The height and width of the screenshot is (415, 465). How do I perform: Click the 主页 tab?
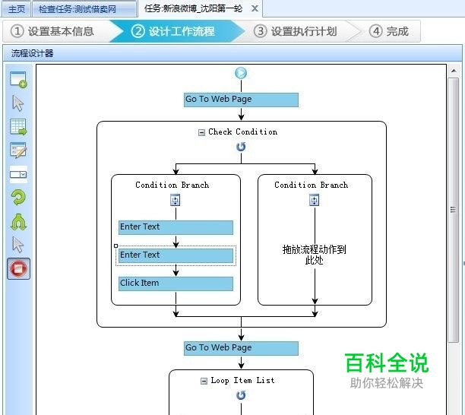point(16,9)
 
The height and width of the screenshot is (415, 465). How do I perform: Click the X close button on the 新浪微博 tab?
point(255,9)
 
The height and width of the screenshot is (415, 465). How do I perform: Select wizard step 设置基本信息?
point(53,31)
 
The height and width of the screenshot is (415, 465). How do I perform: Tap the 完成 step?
point(389,31)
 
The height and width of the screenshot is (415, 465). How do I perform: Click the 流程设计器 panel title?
point(32,53)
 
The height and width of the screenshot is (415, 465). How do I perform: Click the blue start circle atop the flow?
point(241,74)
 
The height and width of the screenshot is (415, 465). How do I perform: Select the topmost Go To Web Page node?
point(241,100)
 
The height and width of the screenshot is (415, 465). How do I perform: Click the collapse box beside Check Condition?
point(201,132)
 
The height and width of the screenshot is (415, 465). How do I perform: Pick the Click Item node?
point(176,284)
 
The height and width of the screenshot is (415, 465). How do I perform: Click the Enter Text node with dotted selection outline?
point(176,255)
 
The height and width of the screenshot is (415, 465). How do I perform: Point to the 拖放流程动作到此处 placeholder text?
point(314,255)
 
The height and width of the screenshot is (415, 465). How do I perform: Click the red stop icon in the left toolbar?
point(18,268)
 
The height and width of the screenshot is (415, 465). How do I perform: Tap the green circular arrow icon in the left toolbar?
point(18,198)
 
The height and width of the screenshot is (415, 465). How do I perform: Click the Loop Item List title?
point(242,381)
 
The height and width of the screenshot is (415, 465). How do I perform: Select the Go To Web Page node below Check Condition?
point(241,348)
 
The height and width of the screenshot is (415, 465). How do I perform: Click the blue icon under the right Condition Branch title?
point(314,200)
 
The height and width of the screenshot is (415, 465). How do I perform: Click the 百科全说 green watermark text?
point(386,363)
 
